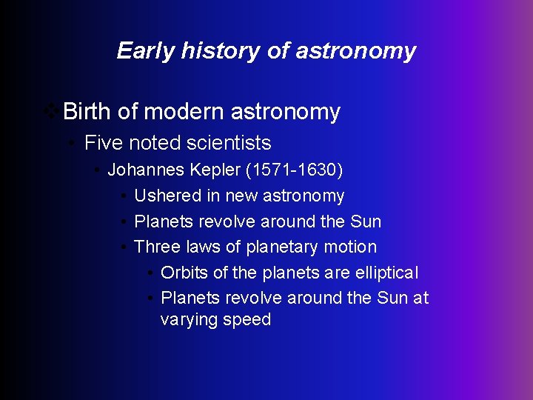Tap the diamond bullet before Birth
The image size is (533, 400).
(x=52, y=112)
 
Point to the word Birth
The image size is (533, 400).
(x=88, y=112)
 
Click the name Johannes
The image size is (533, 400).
(x=146, y=170)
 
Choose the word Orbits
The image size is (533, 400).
(x=184, y=273)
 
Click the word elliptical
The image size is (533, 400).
(x=386, y=273)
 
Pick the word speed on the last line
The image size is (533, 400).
(x=252, y=320)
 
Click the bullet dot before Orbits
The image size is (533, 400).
(x=150, y=273)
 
